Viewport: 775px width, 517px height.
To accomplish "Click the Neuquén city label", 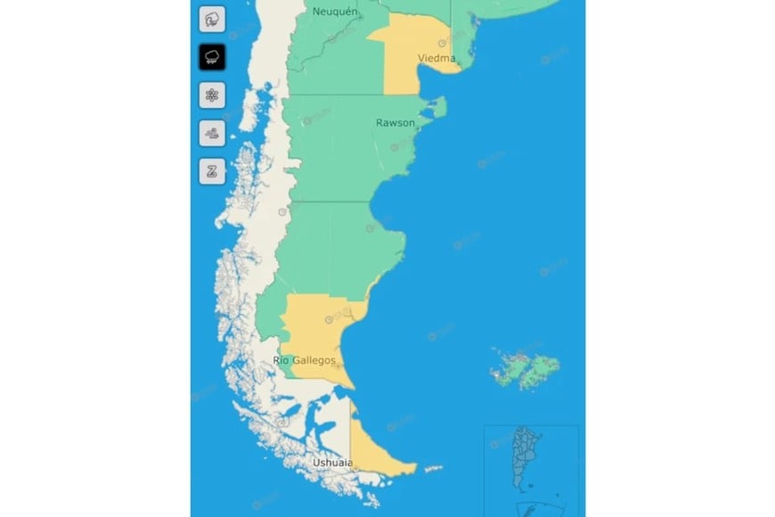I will pos(335,12).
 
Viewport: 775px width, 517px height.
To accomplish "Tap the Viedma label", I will pos(436,59).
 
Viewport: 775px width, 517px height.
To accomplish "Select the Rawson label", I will pos(395,122).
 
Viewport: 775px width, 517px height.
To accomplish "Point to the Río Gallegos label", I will pos(305,360).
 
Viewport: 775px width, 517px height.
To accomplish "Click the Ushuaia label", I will pos(332,464).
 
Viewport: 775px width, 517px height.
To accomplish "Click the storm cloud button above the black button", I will pos(212,19).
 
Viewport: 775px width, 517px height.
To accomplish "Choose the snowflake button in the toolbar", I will pos(212,94).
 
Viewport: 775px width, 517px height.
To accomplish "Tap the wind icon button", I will pos(212,133).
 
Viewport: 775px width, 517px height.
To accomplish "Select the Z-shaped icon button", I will pos(212,171).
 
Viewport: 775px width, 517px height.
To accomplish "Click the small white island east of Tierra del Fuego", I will pos(434,468).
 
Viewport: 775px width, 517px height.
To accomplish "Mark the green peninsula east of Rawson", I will pos(436,109).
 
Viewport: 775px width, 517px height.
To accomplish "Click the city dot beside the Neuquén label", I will pos(336,39).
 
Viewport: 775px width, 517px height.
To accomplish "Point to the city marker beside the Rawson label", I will pos(418,129).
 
